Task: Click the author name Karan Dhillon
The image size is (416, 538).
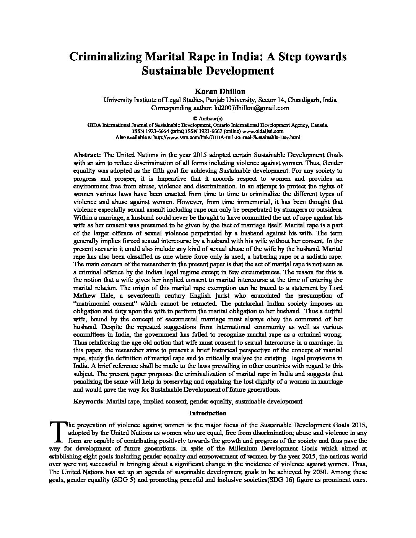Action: pos(208,91)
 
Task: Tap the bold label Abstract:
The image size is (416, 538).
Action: pos(87,155)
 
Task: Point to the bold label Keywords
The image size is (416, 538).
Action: pos(88,401)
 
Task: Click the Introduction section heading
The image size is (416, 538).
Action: pos(208,413)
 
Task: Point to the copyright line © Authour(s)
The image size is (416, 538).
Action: pos(208,119)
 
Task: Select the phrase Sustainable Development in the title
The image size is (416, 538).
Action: pos(208,71)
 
